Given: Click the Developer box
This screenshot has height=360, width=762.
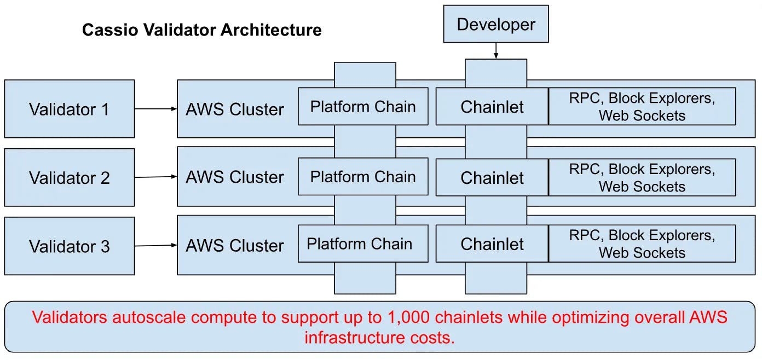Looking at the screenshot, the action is tap(496, 24).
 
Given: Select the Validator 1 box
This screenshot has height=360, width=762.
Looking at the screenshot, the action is tap(70, 109).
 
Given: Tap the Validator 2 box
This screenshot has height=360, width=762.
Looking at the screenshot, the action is tap(70, 177).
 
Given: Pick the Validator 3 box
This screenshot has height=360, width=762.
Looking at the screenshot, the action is tap(70, 246).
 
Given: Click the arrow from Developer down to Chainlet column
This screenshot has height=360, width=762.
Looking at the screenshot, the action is tap(496, 51).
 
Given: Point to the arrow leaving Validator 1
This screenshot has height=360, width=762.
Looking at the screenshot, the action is tap(156, 109).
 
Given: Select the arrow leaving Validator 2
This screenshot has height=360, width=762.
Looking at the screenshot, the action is tap(156, 177).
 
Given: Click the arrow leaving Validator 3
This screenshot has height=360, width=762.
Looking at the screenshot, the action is tap(156, 246).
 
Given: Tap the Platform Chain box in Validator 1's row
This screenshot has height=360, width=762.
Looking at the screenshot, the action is tap(363, 106).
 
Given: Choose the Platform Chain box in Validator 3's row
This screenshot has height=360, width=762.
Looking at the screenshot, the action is tap(363, 243).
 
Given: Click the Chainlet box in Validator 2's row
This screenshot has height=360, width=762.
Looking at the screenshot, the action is tap(492, 177).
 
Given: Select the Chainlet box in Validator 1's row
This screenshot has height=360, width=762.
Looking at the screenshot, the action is tap(492, 106).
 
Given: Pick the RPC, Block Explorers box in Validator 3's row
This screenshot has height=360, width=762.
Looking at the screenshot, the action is tap(642, 243).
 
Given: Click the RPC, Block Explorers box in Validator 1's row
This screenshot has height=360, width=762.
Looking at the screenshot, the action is tap(642, 106).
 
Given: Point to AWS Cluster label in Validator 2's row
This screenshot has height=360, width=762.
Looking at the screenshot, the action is tap(235, 177).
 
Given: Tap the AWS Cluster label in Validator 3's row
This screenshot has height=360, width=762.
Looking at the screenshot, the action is tap(235, 246).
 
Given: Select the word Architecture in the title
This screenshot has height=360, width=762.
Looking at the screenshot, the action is tap(271, 30).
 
